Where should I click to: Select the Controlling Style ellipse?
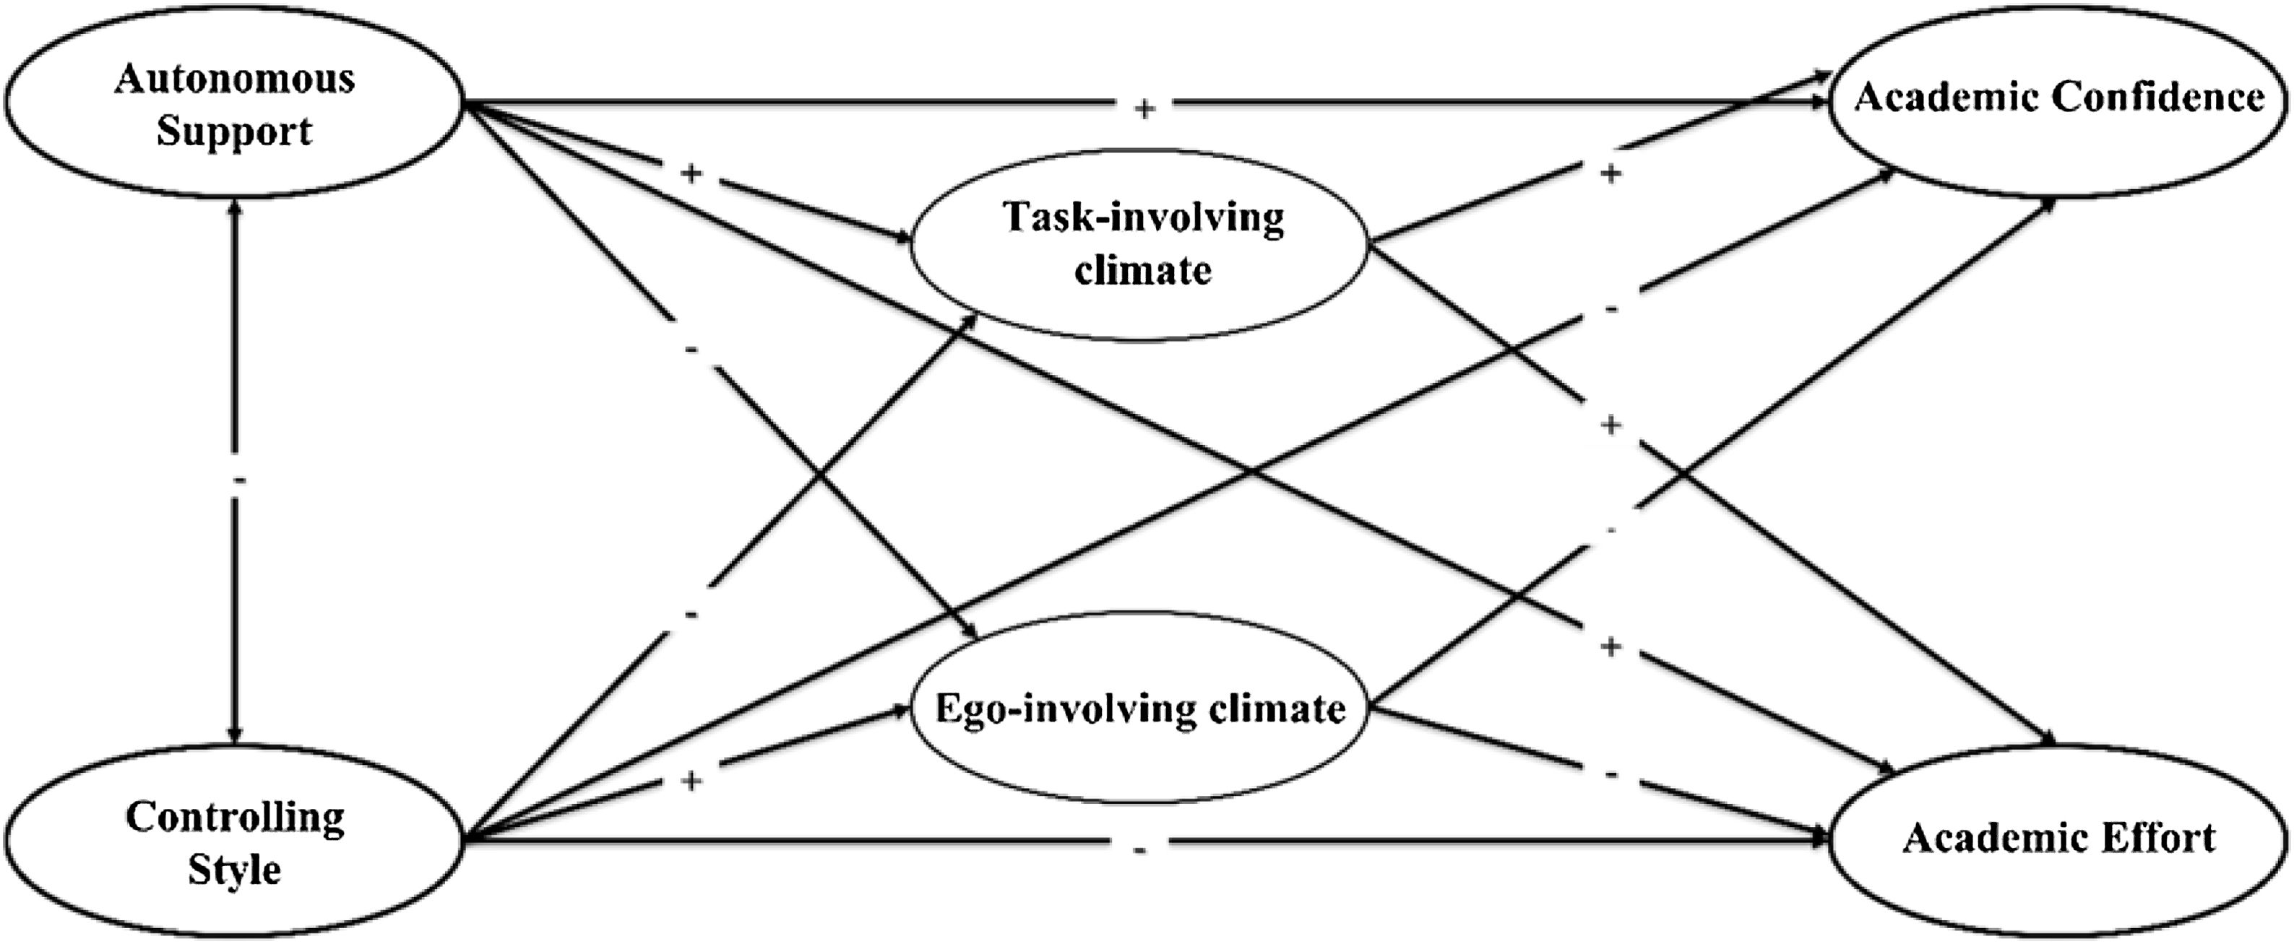233,841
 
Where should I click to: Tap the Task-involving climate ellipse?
1140,244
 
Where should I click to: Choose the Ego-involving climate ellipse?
1140,708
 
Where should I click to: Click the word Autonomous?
234,79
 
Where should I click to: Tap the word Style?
234,869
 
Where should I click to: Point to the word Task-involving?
1144,217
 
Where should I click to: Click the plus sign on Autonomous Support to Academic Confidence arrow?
1144,108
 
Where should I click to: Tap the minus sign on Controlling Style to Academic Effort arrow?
1140,849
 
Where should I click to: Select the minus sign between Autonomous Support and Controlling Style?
237,481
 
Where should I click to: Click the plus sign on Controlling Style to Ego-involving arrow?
691,781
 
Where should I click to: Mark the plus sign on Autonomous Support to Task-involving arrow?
691,173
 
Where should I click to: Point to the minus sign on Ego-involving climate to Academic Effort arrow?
1610,775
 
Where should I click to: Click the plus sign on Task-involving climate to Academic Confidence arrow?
1610,173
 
